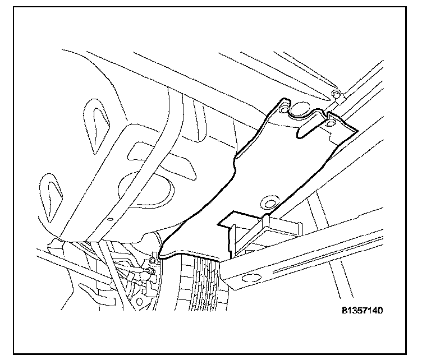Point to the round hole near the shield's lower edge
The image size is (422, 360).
click(x=269, y=202)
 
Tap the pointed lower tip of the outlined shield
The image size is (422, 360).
click(x=159, y=257)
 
